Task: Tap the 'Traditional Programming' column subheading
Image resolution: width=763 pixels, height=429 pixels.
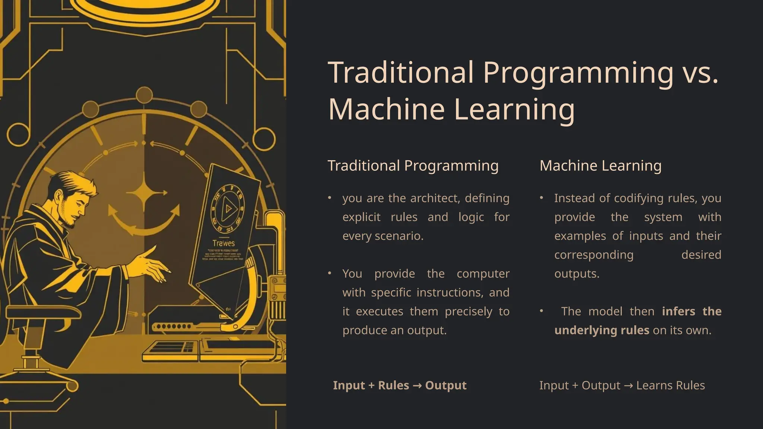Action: [x=413, y=166]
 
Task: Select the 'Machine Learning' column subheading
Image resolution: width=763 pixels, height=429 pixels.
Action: [x=600, y=166]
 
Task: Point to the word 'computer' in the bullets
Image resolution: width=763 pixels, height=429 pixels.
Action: [x=483, y=274]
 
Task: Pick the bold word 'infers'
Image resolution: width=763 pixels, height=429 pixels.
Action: [x=678, y=311]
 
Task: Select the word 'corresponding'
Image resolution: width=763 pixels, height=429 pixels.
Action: [x=593, y=255]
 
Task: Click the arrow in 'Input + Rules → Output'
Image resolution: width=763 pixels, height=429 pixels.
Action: [x=417, y=385]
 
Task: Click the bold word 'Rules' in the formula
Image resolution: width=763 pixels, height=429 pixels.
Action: [x=393, y=385]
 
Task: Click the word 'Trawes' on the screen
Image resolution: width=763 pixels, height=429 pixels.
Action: [x=224, y=243]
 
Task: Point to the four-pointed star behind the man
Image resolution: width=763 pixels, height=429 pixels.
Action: [x=145, y=193]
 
